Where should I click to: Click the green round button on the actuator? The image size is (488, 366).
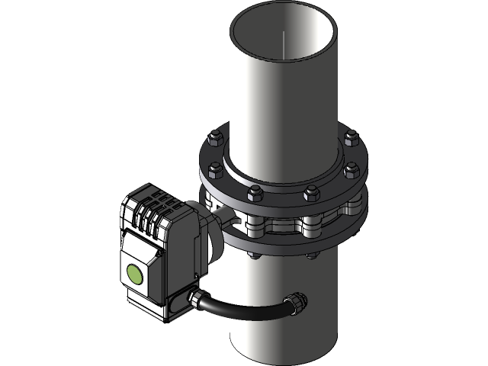(x=134, y=274)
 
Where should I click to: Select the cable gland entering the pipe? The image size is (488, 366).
(x=293, y=302)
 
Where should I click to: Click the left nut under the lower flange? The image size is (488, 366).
(x=256, y=252)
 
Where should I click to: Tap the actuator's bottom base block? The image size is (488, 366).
(x=156, y=309)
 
